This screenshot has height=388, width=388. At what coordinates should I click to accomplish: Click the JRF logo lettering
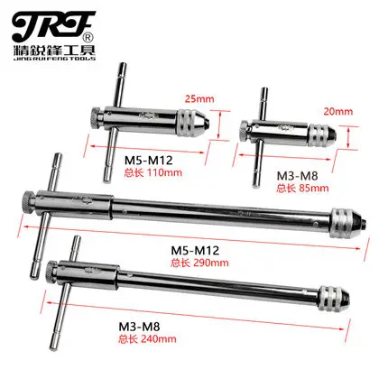pyautogui.click(x=53, y=26)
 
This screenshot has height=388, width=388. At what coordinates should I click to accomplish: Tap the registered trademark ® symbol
pyautogui.click(x=90, y=38)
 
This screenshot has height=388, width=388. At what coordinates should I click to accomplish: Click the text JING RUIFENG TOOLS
pyautogui.click(x=54, y=59)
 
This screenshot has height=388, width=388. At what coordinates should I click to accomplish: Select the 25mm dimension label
pyautogui.click(x=199, y=99)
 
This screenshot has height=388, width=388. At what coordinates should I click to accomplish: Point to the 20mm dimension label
pyautogui.click(x=338, y=112)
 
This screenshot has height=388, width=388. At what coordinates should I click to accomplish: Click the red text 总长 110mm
pyautogui.click(x=153, y=173)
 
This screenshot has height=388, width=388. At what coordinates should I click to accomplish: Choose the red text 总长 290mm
pyautogui.click(x=199, y=263)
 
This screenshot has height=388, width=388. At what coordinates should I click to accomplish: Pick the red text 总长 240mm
pyautogui.click(x=147, y=339)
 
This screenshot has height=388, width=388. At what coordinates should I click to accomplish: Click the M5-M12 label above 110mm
pyautogui.click(x=149, y=161)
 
